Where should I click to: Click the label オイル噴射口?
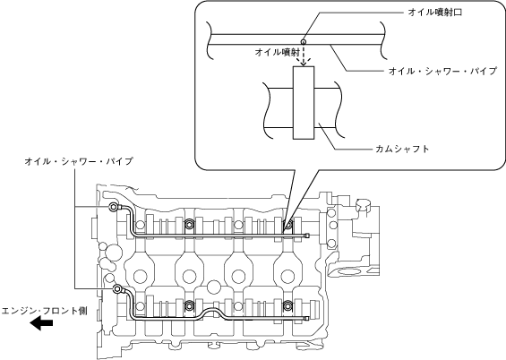point(435,13)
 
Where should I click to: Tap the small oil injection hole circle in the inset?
point(303,41)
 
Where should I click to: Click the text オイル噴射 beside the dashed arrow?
point(278,52)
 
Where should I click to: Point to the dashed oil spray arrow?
point(303,56)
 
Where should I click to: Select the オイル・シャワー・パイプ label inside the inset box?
point(442,71)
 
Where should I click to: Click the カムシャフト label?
point(402,149)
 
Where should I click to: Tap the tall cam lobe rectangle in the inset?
point(304,103)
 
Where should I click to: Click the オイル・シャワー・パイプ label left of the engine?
point(79,161)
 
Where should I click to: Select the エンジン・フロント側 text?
point(44,311)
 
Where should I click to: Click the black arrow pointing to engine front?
point(41,323)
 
